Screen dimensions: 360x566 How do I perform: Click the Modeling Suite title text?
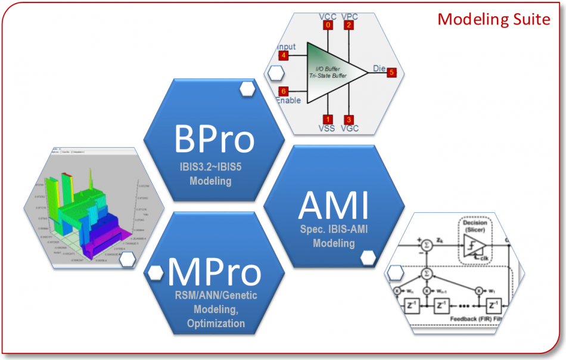[493, 19]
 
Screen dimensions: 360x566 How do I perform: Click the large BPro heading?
[214, 139]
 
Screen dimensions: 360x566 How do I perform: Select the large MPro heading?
[215, 272]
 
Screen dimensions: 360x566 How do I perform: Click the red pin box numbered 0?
[328, 25]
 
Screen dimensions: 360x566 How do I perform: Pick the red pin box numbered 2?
[349, 25]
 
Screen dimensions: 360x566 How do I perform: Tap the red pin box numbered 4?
[284, 55]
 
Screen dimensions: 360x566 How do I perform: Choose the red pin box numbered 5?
[391, 73]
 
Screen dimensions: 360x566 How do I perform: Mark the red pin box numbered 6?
[284, 91]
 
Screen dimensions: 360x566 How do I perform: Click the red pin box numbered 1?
[328, 119]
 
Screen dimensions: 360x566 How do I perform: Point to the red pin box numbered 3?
[349, 119]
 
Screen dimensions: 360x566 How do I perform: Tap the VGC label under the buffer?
[350, 129]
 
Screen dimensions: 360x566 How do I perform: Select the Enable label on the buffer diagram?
[290, 101]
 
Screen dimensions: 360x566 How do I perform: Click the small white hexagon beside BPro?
[247, 89]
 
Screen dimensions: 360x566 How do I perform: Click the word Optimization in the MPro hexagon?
[215, 324]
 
